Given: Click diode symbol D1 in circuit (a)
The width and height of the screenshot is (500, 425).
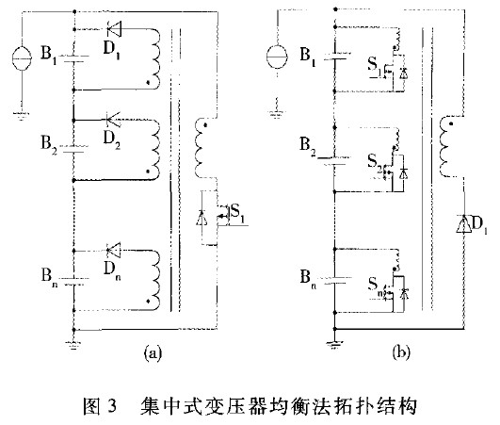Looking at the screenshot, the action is coord(114,29).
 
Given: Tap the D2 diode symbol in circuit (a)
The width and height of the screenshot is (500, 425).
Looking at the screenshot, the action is coord(113,120).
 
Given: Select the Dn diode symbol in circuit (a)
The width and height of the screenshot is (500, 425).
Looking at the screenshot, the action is coord(114,250).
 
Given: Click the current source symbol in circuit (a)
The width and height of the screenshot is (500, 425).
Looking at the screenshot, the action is coord(22,58).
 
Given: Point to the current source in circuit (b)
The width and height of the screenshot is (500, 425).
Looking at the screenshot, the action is coord(277,57).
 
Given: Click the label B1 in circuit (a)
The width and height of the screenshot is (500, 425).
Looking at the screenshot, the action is coord(48,54).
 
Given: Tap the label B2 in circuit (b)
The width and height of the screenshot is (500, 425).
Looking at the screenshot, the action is coord(308,145).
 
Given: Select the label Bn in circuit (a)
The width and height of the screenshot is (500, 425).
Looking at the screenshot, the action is coord(49,276).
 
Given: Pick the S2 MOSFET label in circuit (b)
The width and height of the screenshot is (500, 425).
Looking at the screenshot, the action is coord(375,162).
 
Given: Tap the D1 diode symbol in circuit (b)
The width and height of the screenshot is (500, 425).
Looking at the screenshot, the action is coord(463,224).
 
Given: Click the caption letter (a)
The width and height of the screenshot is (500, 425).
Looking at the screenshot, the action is coord(153,353).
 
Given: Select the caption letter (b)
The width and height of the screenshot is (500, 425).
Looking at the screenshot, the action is coord(401,353).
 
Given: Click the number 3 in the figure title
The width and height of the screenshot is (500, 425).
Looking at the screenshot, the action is coord(113,406).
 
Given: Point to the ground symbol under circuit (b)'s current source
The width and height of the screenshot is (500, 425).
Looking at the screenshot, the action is coord(277,113).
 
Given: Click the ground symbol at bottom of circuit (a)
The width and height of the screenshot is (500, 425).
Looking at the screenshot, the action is coord(73,344).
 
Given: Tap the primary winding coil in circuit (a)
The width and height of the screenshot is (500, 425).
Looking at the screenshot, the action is coord(202,148).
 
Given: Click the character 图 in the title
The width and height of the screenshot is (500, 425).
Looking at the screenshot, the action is coord(92,406).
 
